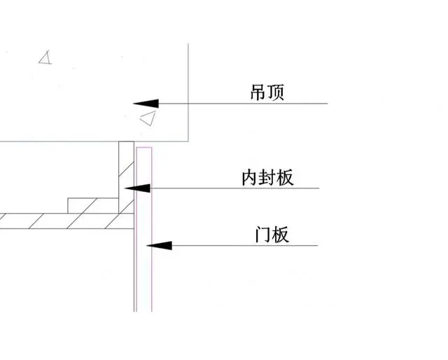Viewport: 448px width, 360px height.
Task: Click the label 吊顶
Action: tap(267, 92)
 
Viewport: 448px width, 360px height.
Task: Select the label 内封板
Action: tap(267, 178)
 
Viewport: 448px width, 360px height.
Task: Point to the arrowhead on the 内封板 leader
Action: tap(137, 188)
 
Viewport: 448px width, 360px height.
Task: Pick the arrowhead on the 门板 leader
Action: tap(158, 245)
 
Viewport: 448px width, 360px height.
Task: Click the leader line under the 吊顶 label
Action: tap(245, 104)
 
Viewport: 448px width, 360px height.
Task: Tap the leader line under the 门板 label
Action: tap(245, 245)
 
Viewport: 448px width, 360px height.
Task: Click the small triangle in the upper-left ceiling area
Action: tap(46, 57)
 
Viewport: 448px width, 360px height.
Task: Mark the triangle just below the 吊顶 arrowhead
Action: tap(148, 118)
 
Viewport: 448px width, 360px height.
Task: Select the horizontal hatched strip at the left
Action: tap(63, 220)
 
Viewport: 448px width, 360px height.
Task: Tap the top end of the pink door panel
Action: tap(144, 148)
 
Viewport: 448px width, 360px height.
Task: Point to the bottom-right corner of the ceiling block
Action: tap(189, 141)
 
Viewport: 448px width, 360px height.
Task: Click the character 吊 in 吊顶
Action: tap(258, 92)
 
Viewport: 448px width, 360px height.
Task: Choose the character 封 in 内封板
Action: tap(267, 178)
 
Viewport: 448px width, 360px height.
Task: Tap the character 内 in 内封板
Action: tap(250, 178)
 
